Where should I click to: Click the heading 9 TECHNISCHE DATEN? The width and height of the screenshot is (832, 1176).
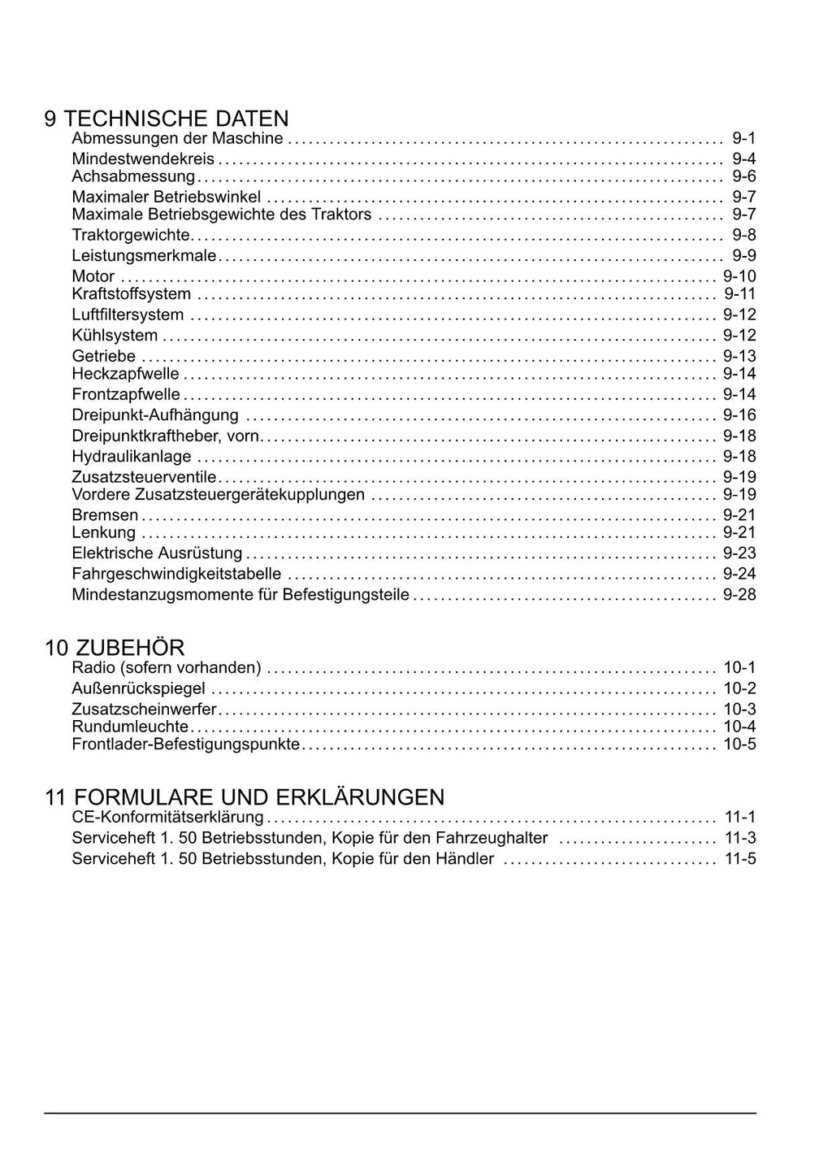[x=166, y=119]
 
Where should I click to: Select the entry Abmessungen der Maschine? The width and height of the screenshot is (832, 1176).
[x=177, y=138]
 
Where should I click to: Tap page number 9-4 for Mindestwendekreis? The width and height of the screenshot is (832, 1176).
[x=743, y=158]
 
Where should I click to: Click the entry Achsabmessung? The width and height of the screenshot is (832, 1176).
[x=133, y=176]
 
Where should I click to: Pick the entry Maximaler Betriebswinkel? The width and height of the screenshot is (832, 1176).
[x=166, y=197]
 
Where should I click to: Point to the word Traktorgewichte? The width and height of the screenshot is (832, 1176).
[x=131, y=235]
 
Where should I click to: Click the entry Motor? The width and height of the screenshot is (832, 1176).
[x=93, y=276]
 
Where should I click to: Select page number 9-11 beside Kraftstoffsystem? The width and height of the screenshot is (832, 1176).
[x=739, y=294]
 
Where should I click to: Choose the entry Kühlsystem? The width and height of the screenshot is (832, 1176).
[x=115, y=336]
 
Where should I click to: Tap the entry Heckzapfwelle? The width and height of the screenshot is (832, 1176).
[x=125, y=374]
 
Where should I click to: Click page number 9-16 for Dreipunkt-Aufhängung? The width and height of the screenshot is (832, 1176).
[x=739, y=415]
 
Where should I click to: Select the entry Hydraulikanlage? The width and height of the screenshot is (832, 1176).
[x=132, y=457]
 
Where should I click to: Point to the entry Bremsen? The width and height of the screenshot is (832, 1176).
[x=105, y=515]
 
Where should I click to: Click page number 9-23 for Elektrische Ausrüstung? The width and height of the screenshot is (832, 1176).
[x=739, y=553]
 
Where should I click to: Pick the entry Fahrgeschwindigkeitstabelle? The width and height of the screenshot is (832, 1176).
[x=176, y=574]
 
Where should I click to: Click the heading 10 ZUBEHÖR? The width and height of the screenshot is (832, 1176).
[x=115, y=648]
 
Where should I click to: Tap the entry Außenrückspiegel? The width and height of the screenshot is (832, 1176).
[x=138, y=689]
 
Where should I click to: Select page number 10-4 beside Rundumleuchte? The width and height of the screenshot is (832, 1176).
[x=739, y=727]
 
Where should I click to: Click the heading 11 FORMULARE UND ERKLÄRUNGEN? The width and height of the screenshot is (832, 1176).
[x=245, y=796]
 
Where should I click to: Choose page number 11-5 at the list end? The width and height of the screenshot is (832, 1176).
[x=740, y=859]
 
